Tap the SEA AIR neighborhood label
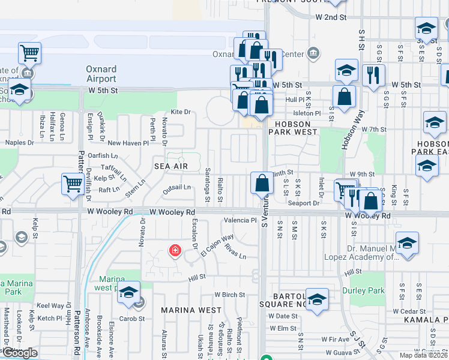click(x=167, y=166)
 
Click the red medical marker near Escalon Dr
click(x=175, y=250)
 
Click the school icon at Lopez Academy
click(x=407, y=244)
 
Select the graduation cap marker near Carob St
click(x=128, y=292)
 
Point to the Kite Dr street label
click(x=180, y=112)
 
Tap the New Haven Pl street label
click(x=128, y=143)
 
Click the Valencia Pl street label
click(x=241, y=220)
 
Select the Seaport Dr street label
click(x=303, y=203)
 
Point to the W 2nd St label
click(x=332, y=17)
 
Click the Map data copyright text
click(x=423, y=355)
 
